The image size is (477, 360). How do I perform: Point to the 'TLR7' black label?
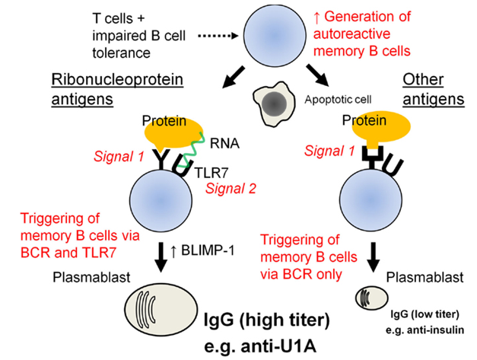209,171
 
